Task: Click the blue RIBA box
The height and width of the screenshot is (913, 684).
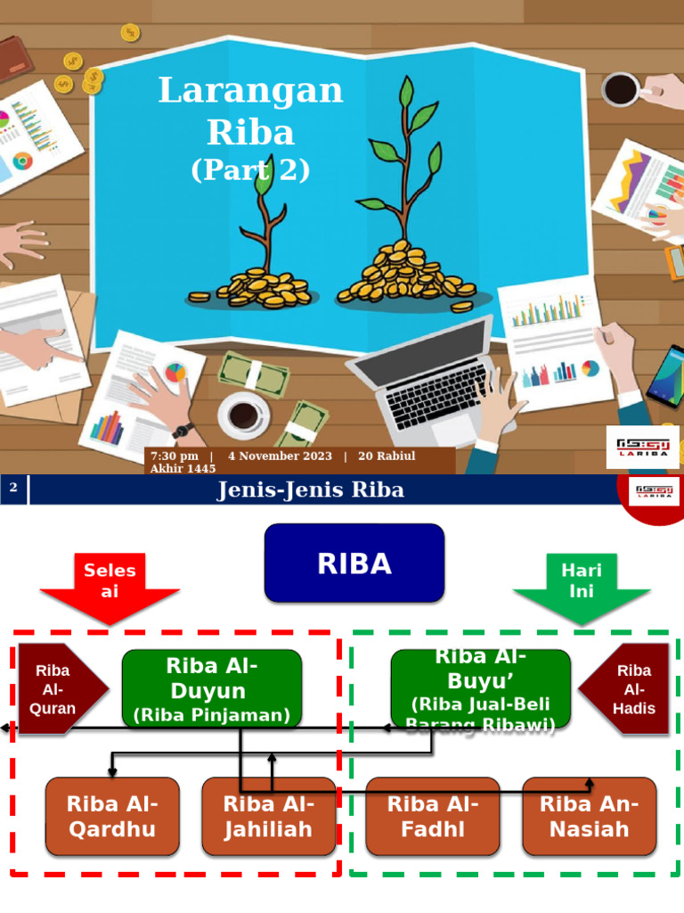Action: (354, 563)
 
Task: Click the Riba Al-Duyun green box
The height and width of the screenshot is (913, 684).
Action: (212, 688)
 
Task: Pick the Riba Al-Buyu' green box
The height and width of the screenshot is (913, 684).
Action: (481, 688)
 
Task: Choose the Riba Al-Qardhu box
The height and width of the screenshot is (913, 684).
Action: (112, 816)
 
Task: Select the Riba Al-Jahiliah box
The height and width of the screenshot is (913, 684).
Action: (268, 816)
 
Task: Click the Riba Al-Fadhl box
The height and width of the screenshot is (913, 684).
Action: (433, 816)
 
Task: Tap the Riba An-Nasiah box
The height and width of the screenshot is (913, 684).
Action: (589, 816)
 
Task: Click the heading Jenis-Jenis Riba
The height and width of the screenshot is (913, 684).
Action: (310, 489)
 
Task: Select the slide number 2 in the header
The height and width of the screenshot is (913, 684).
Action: (13, 488)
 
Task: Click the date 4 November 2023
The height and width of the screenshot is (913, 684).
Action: (280, 456)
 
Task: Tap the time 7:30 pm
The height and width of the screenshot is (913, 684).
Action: (175, 456)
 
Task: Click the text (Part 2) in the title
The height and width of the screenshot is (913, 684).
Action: (250, 170)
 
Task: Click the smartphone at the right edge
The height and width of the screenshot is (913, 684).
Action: (666, 374)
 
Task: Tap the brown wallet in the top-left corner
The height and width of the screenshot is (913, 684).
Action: (13, 61)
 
